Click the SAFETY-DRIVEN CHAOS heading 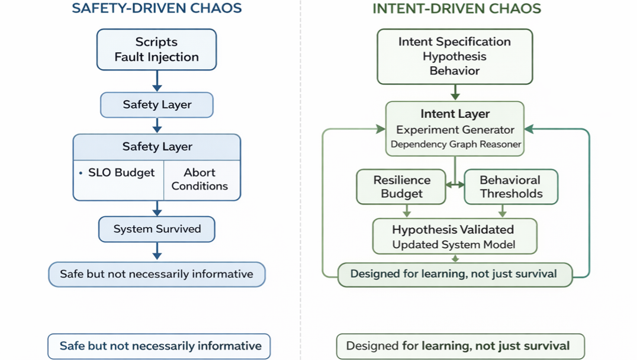tap(157, 9)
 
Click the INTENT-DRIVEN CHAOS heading tap(456, 9)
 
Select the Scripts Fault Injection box tap(157, 50)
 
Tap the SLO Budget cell tap(118, 173)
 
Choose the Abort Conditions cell tap(200, 179)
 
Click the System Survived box tap(157, 229)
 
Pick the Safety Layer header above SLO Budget tap(157, 146)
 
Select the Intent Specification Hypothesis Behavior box tap(455, 56)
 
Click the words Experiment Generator tap(455, 130)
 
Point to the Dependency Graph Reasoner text tap(455, 144)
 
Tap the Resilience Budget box tap(401, 187)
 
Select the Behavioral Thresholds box tap(510, 187)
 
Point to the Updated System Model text tap(454, 245)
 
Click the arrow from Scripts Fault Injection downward tap(157, 81)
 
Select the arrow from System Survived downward tap(157, 252)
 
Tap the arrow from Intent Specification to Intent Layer tap(455, 92)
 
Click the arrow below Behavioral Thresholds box tap(502, 211)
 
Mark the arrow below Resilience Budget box tap(406, 211)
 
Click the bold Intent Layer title tap(455, 114)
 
